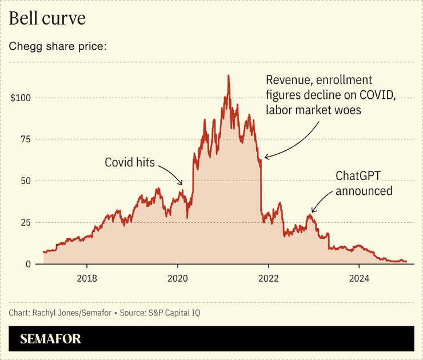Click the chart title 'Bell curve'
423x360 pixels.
47,18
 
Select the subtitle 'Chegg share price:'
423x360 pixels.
57,46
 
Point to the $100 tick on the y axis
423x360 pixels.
21,98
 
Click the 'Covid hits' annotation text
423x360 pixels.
130,162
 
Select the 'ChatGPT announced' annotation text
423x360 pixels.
364,183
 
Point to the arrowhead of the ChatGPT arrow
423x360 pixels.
312,212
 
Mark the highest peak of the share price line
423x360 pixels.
229,75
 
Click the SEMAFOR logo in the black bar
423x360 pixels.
50,339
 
